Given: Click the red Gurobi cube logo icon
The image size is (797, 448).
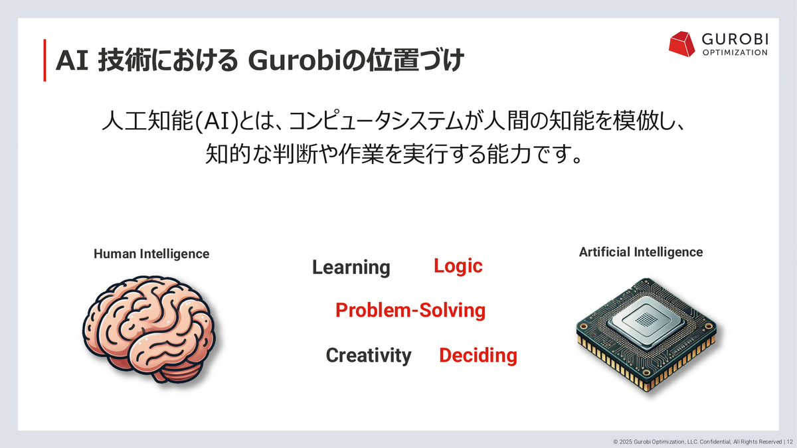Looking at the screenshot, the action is [681, 44].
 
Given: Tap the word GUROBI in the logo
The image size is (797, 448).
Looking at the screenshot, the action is [735, 39].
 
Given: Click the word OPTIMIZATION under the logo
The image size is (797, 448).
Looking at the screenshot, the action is [735, 52].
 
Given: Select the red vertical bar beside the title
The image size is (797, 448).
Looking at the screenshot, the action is [45, 60].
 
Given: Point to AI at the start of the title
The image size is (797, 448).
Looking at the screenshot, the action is [72, 60].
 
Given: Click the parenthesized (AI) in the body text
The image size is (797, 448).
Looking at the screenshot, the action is [217, 121].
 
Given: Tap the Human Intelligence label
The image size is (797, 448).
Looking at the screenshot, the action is [151, 254].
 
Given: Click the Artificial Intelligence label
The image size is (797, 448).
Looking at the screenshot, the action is [641, 252].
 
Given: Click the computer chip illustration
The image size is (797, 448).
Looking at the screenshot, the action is [646, 335].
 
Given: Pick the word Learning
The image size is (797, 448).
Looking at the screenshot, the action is [351, 267].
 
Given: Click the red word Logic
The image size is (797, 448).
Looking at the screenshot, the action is [458, 266].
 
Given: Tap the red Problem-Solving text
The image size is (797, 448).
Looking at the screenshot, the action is [410, 310].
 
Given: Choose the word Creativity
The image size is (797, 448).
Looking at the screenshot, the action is [369, 355].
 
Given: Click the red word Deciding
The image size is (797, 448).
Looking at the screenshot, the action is [478, 356].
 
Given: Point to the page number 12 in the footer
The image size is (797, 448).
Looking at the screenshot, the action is [790, 442].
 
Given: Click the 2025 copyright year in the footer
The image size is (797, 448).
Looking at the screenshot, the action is [626, 442].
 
